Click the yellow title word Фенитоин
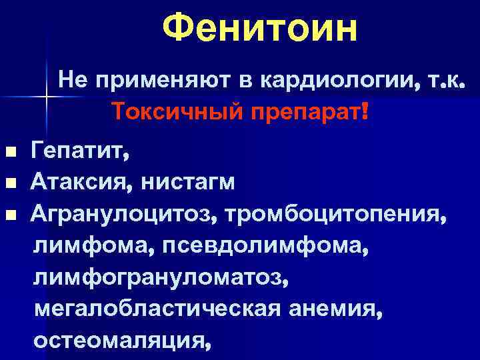pos(260,29)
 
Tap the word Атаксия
pos(83,182)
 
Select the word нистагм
pos(187,182)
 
